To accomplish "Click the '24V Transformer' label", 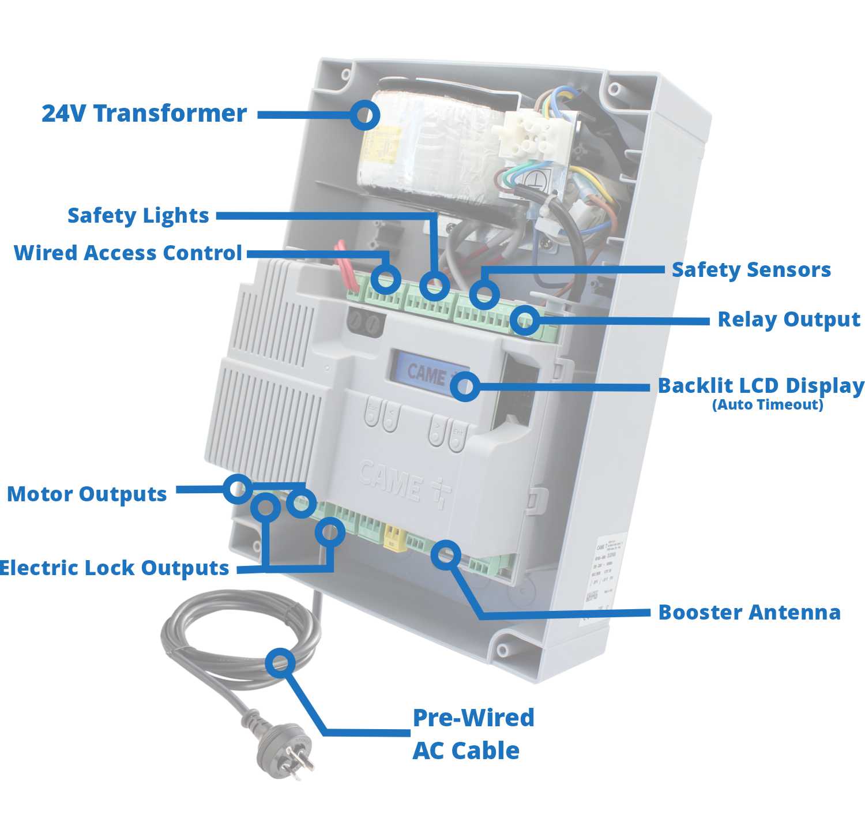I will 144,114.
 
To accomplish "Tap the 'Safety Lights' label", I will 138,216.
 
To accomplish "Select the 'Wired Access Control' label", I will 128,253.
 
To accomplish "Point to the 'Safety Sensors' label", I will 751,270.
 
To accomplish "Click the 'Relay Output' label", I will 788,320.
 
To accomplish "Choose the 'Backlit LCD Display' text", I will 761,386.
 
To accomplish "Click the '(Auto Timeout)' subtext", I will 768,405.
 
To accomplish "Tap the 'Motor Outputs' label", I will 87,494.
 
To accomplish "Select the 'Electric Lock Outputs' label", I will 114,568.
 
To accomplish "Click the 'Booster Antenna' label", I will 749,613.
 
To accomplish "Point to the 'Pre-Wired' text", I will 473,718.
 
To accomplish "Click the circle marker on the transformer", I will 364,115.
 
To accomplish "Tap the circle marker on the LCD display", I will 464,387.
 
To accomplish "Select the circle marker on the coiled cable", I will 281,663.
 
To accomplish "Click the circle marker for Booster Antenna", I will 446,555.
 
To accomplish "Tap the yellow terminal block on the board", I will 394,538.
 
